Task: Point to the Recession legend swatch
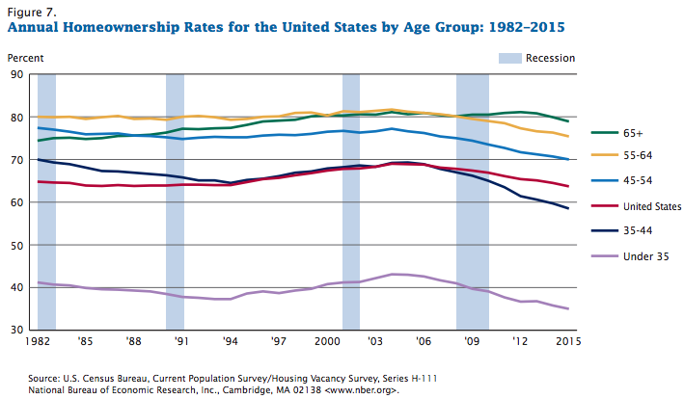[508, 59]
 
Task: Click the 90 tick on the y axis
[18, 74]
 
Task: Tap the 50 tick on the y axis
[18, 245]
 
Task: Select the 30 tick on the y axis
[18, 331]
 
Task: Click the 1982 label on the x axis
[38, 343]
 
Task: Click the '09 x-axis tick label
[474, 343]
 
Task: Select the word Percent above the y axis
[26, 59]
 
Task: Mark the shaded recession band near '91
[175, 201]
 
